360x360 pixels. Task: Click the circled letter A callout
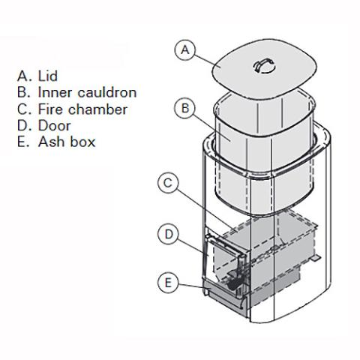(x=185, y=49)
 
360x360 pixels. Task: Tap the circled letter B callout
(x=185, y=108)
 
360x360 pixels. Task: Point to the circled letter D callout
(x=170, y=234)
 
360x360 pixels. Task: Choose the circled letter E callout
(x=170, y=283)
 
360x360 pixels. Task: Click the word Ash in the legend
(x=51, y=142)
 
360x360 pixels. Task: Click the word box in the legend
(x=82, y=142)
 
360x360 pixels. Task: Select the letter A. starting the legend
(x=23, y=76)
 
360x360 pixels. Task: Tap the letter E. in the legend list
(x=23, y=142)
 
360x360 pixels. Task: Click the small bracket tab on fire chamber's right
(x=319, y=258)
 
